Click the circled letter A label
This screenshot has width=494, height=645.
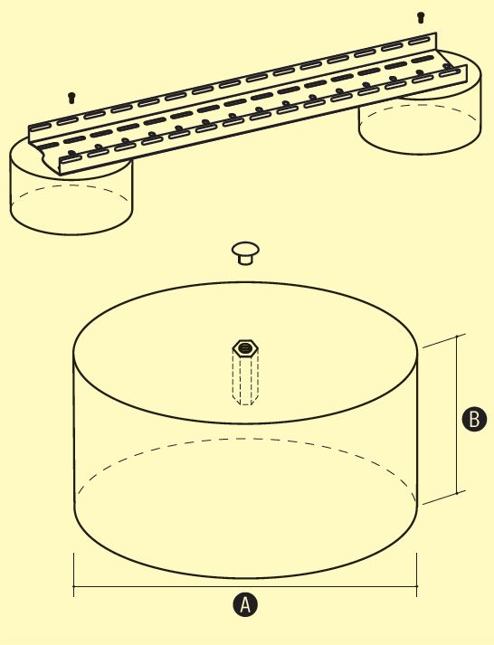click(245, 604)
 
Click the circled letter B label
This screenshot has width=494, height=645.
click(474, 419)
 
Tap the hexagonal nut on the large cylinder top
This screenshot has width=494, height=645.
click(245, 348)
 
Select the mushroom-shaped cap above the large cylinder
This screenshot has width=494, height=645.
click(245, 252)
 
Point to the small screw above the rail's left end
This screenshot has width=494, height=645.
click(71, 98)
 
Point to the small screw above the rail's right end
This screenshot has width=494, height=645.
click(421, 17)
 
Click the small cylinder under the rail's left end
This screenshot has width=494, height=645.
click(71, 197)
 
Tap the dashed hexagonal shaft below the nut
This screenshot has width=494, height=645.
click(245, 378)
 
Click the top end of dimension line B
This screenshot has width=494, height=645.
click(457, 337)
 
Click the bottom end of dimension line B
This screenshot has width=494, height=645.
click(457, 493)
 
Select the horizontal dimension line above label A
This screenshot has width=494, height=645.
click(245, 586)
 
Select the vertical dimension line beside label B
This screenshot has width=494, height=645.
click(457, 414)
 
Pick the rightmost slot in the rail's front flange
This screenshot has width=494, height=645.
click(449, 73)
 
